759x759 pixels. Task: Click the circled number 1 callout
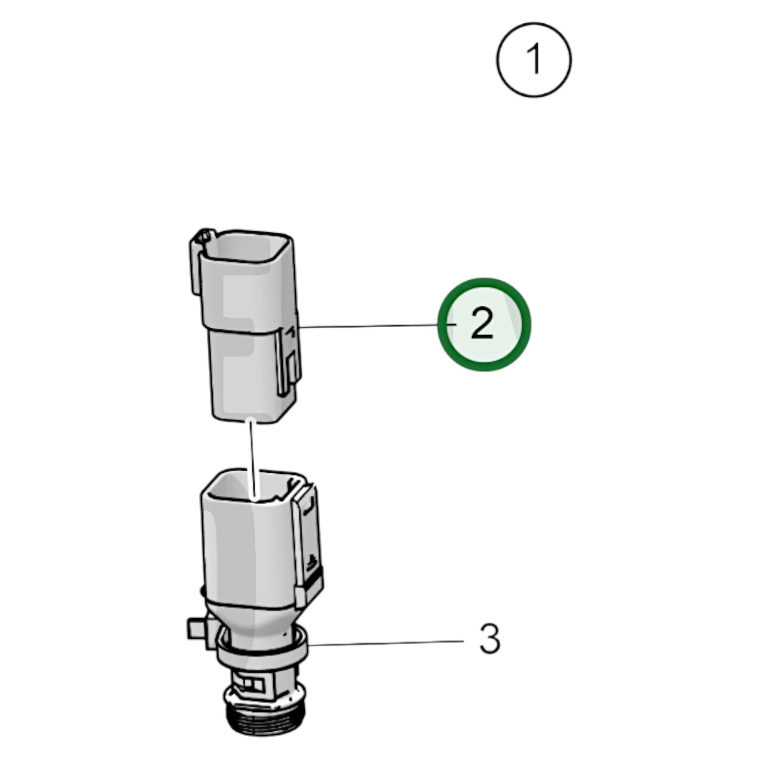coord(534,60)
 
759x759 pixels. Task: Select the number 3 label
coord(490,639)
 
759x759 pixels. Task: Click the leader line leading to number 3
coord(386,643)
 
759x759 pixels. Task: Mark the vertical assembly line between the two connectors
coord(252,460)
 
